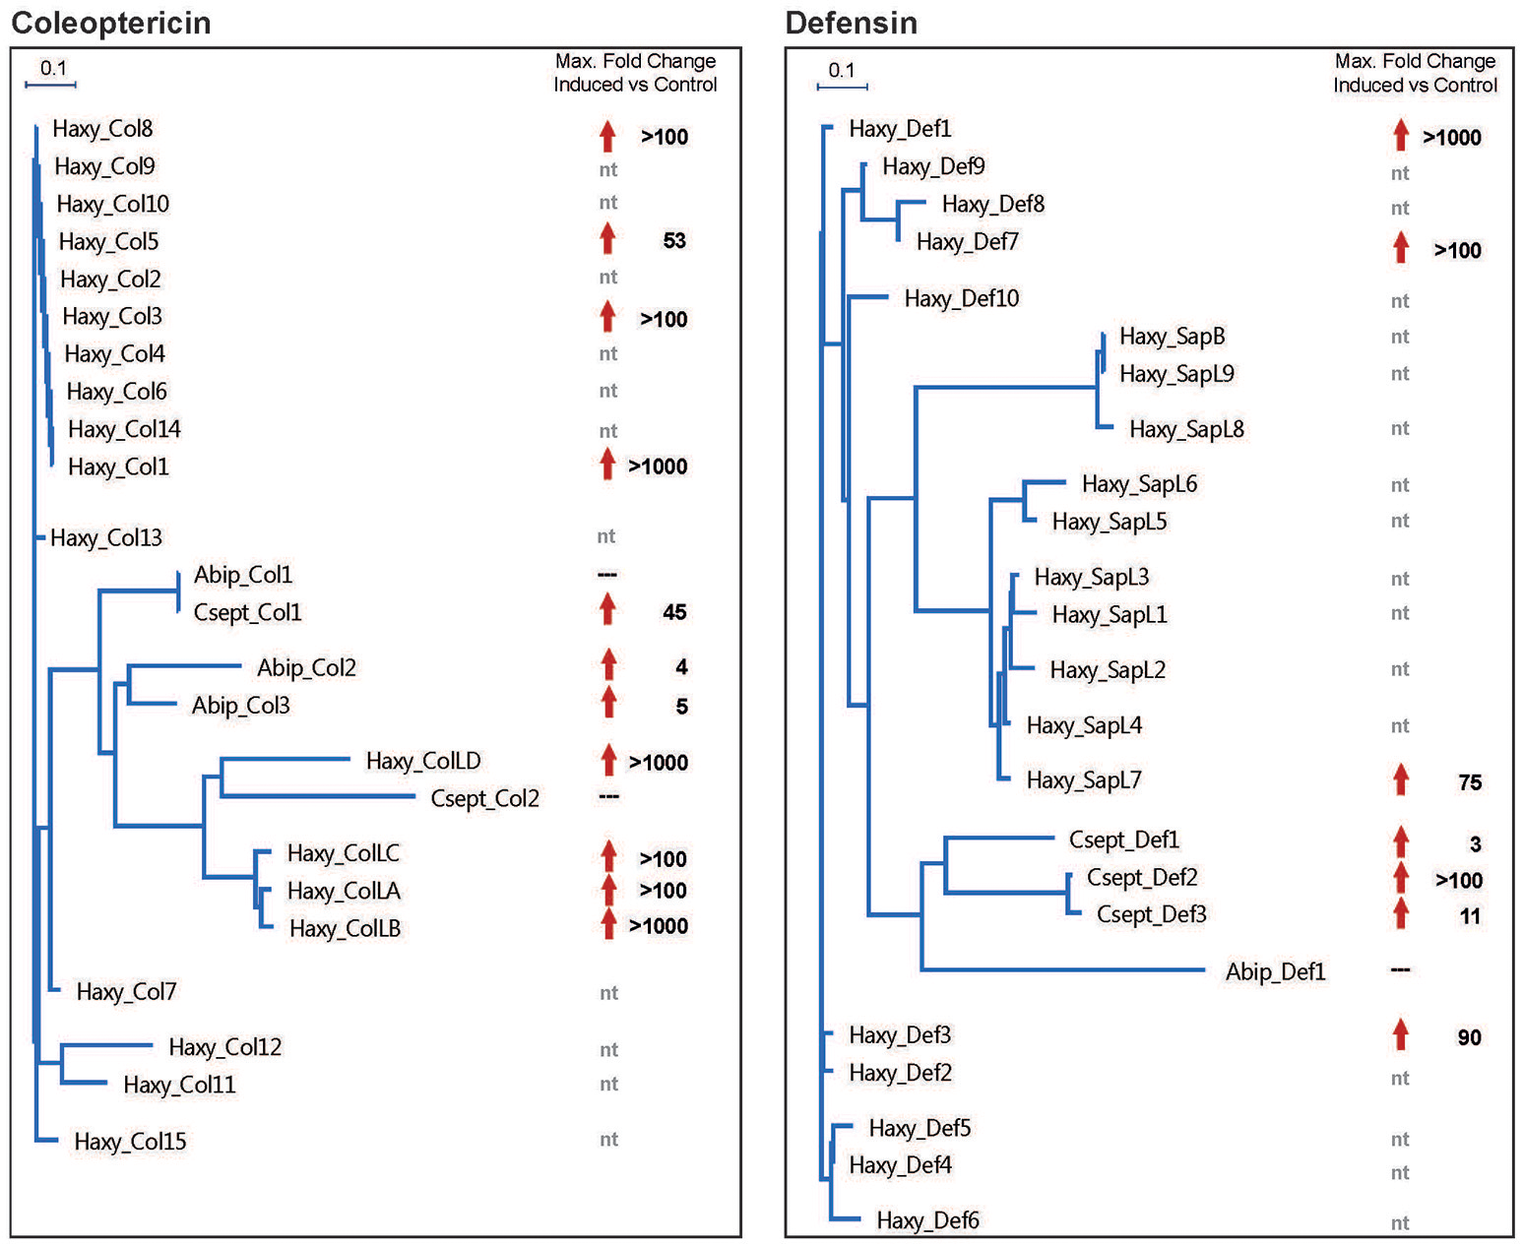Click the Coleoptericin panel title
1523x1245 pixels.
pos(110,22)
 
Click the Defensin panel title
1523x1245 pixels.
pos(851,22)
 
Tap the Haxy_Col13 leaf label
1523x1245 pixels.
pos(106,537)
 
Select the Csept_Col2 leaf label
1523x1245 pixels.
pos(484,798)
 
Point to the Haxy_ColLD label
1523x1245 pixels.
pos(423,761)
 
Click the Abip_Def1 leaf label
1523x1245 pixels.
pos(1275,972)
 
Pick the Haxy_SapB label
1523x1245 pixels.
pos(1172,337)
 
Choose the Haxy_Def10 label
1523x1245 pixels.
pos(961,298)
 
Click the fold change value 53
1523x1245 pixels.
pos(674,241)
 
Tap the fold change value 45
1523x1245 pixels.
pos(674,612)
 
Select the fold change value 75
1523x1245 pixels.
pos(1470,782)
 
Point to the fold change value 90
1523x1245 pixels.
pos(1469,1037)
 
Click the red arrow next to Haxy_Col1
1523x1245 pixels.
pos(607,465)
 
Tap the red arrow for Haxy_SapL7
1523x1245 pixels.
pos(1400,779)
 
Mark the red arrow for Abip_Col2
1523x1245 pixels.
pos(608,664)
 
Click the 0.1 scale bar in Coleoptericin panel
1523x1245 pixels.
pos(50,85)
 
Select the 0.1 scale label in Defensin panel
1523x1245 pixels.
pos(842,70)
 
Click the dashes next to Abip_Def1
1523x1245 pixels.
pos(1400,970)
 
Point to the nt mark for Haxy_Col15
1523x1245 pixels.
pos(608,1139)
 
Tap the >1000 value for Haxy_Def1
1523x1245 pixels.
pos(1452,138)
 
